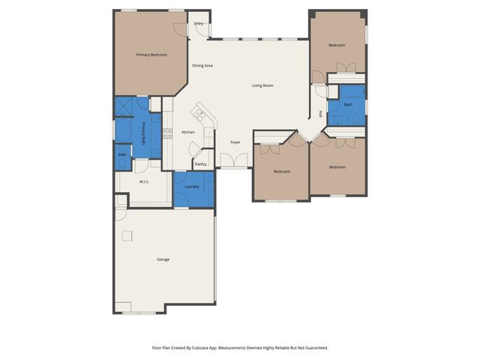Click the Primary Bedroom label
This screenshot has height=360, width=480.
(x=151, y=55)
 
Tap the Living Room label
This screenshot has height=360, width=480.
(x=262, y=85)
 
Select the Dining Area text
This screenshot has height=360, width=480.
(x=202, y=66)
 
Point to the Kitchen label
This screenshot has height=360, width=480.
(x=188, y=132)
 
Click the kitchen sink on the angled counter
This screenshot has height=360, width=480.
(x=199, y=115)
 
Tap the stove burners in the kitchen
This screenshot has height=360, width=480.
(x=167, y=133)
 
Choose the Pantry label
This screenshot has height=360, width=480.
(x=200, y=163)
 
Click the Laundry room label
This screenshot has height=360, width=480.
(x=191, y=186)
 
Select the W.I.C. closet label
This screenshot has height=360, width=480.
(x=145, y=181)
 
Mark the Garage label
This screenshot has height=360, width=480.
(x=163, y=259)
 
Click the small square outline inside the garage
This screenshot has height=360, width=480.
(x=127, y=235)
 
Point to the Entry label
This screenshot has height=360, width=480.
(x=198, y=23)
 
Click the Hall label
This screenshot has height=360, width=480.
(x=320, y=114)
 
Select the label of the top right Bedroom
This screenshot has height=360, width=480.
(x=337, y=45)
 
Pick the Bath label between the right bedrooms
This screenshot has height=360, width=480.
(x=348, y=105)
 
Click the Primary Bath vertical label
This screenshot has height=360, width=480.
(x=144, y=130)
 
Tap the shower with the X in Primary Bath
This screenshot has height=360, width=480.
(x=123, y=106)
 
